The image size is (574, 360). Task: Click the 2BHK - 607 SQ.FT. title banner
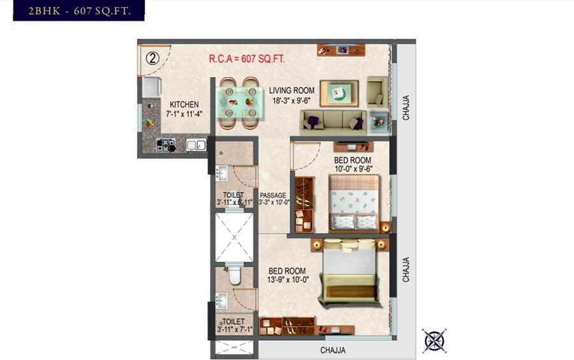78,10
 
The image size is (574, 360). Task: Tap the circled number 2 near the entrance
152,58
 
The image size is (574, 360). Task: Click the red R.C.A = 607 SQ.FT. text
247,59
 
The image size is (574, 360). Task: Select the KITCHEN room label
184,105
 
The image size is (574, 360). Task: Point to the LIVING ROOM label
291,91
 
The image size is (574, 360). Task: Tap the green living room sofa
333,121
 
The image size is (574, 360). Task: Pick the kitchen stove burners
165,145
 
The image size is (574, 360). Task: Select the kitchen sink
196,145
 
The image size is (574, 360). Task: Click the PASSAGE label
273,195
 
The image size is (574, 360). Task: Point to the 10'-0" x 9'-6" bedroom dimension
353,169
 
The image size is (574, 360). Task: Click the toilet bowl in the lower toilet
233,276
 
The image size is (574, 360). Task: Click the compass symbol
434,340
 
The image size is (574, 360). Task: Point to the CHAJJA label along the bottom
332,350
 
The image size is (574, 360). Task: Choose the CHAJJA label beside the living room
406,107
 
